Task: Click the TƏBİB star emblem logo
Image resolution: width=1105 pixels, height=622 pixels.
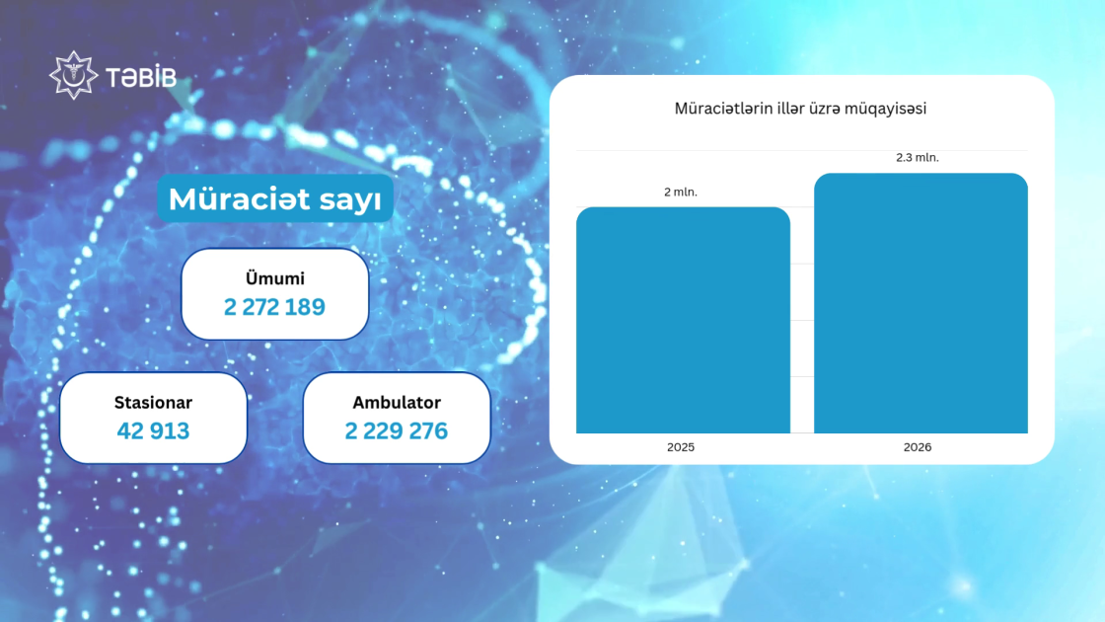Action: coord(73,75)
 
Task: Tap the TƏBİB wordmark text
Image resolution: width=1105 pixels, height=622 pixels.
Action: coord(141,77)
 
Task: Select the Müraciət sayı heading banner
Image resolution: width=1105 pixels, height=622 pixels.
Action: coord(275,198)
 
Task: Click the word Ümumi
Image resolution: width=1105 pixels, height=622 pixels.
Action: coord(275,278)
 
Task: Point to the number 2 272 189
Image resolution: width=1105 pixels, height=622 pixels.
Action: coord(275,307)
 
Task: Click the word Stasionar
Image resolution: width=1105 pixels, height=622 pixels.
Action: coord(153,403)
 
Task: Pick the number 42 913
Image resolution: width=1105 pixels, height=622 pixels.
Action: coord(153,430)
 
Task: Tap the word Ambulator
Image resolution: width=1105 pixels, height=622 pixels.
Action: coord(397,403)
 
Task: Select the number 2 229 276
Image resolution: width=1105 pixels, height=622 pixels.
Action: coord(396,430)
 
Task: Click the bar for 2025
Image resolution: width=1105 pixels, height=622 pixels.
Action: coord(683,320)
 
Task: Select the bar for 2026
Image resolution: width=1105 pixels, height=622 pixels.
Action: coord(921,303)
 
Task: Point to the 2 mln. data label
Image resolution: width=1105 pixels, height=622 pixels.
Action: coord(681,192)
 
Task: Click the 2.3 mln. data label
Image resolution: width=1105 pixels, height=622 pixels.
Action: coord(918,157)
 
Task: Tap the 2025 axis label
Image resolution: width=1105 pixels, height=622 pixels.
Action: coord(681,447)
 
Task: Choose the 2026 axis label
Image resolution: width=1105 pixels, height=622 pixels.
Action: coord(918,447)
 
